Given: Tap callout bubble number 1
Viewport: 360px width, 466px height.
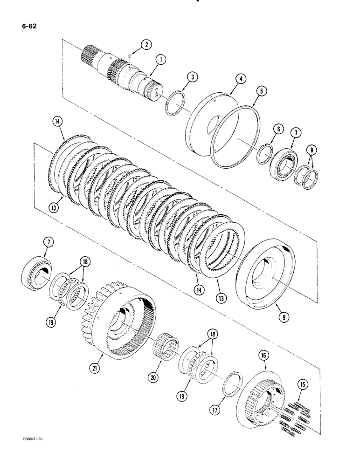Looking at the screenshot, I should point(161,60).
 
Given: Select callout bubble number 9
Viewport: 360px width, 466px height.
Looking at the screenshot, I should point(283,317).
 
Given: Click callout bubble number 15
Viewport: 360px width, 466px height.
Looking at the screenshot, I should point(304,384).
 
